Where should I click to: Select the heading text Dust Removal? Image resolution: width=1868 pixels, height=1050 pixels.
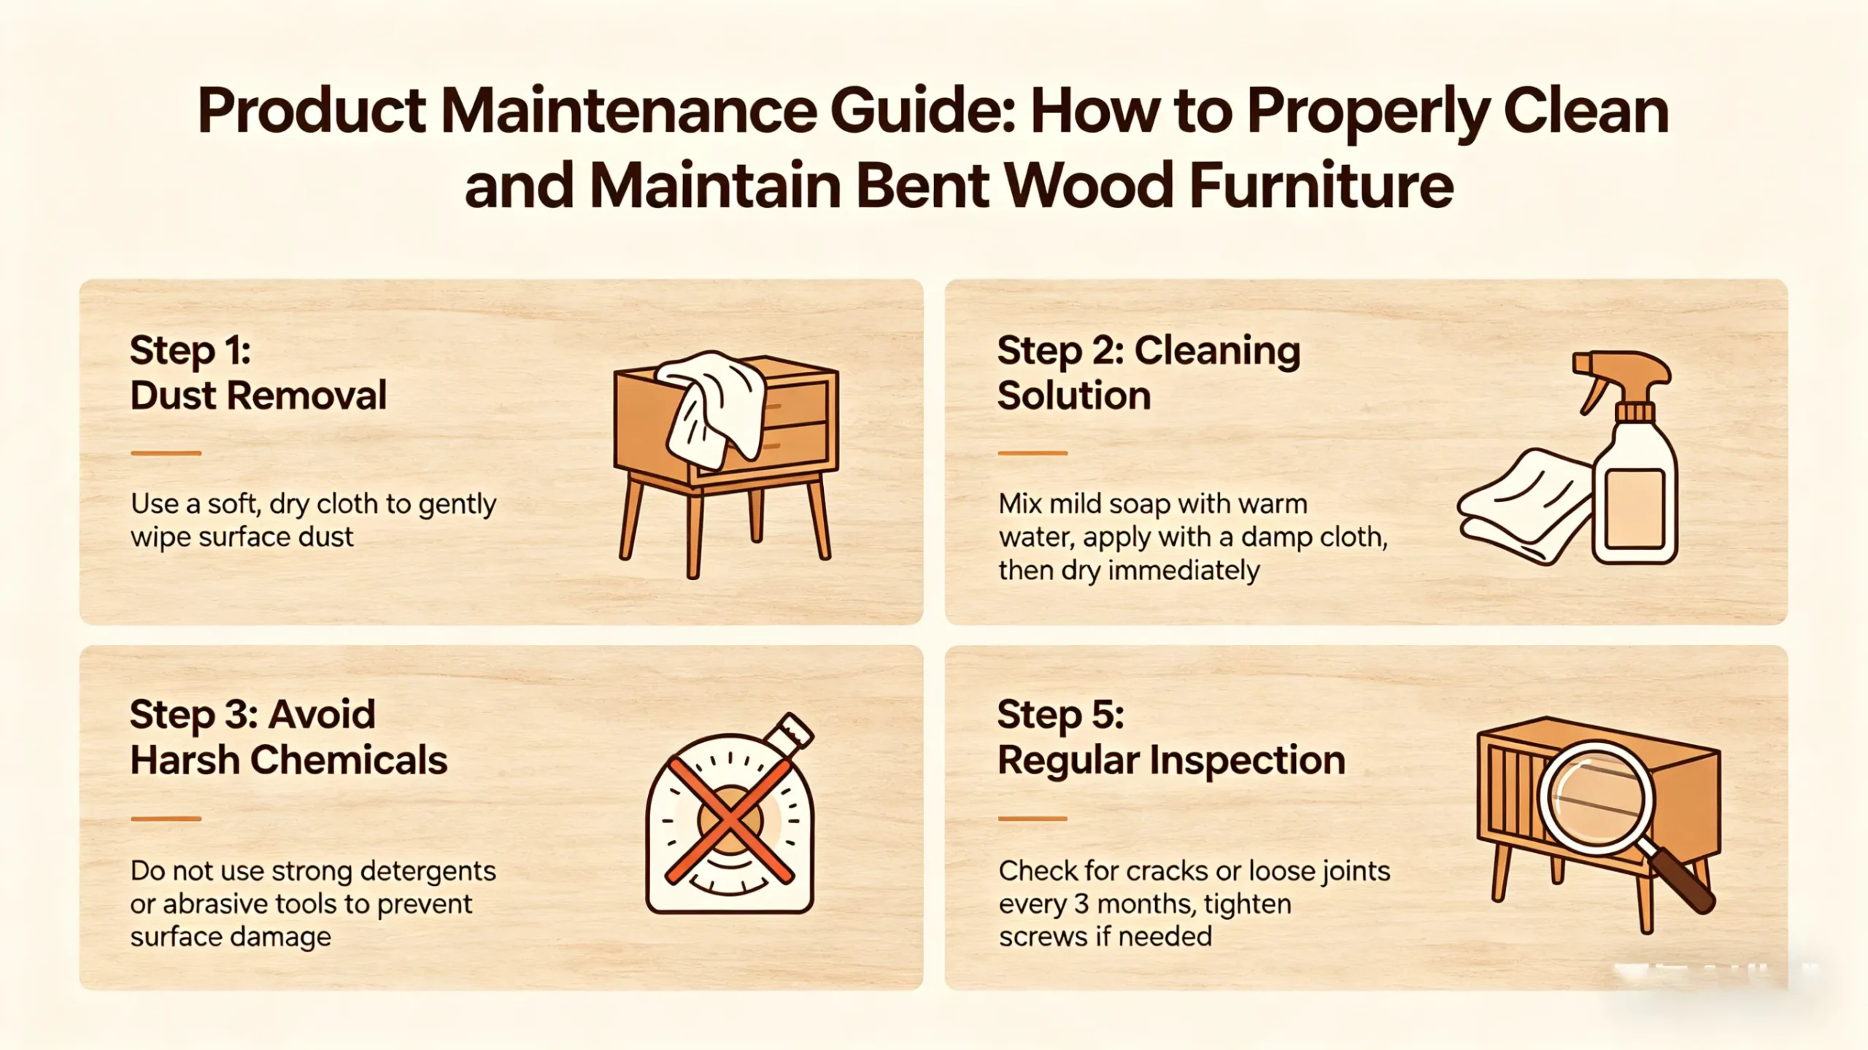click(x=258, y=396)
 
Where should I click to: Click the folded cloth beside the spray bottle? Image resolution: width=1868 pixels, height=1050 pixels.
click(x=1525, y=507)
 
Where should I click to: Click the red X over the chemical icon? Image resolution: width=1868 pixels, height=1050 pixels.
click(x=730, y=819)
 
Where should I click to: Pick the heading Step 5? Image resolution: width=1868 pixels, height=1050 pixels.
click(x=1060, y=714)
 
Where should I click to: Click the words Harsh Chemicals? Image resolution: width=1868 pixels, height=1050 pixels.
click(x=289, y=761)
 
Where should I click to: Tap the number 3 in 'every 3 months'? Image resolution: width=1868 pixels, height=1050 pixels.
click(x=1081, y=905)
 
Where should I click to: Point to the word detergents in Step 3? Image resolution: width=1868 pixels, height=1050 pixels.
click(x=428, y=871)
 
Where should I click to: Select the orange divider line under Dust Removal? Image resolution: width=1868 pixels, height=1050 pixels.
click(x=166, y=453)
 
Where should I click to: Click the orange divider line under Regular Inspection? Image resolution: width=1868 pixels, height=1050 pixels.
click(x=1033, y=819)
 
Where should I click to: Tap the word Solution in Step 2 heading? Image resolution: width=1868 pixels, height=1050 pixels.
click(x=1074, y=396)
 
